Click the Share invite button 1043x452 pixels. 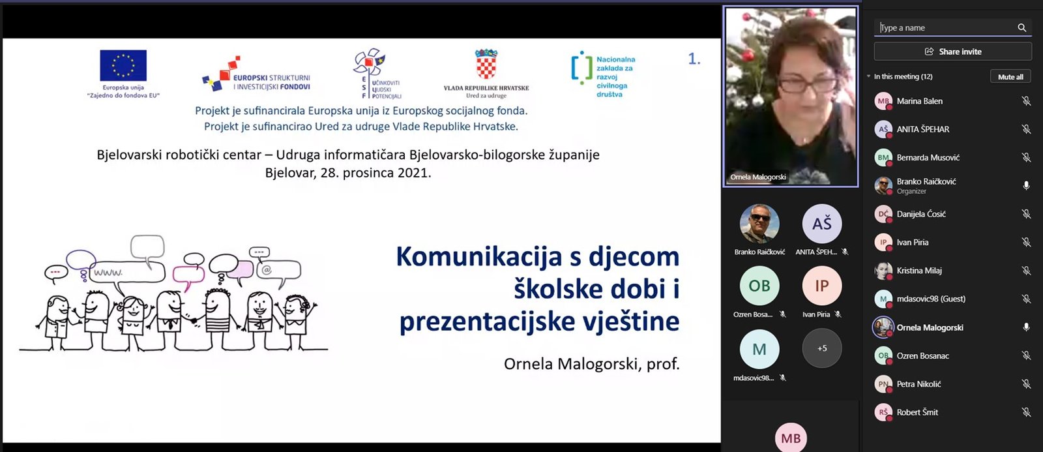tap(952, 52)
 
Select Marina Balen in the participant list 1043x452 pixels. tap(919, 100)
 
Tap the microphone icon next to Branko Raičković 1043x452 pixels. tap(1026, 185)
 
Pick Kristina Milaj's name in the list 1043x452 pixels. tap(919, 270)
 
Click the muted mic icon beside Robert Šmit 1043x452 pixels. tap(1026, 412)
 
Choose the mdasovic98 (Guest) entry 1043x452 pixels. tap(931, 299)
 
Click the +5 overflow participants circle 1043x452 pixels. tap(822, 348)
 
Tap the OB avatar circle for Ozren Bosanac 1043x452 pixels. tap(759, 286)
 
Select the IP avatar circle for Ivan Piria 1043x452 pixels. tap(822, 286)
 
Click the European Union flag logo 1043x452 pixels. tap(123, 65)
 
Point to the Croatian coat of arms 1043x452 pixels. tap(486, 64)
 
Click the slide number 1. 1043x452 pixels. tap(694, 59)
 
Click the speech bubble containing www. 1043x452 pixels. tap(126, 272)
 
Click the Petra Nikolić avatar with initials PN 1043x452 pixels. tap(883, 384)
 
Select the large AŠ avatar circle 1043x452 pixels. tap(822, 224)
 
